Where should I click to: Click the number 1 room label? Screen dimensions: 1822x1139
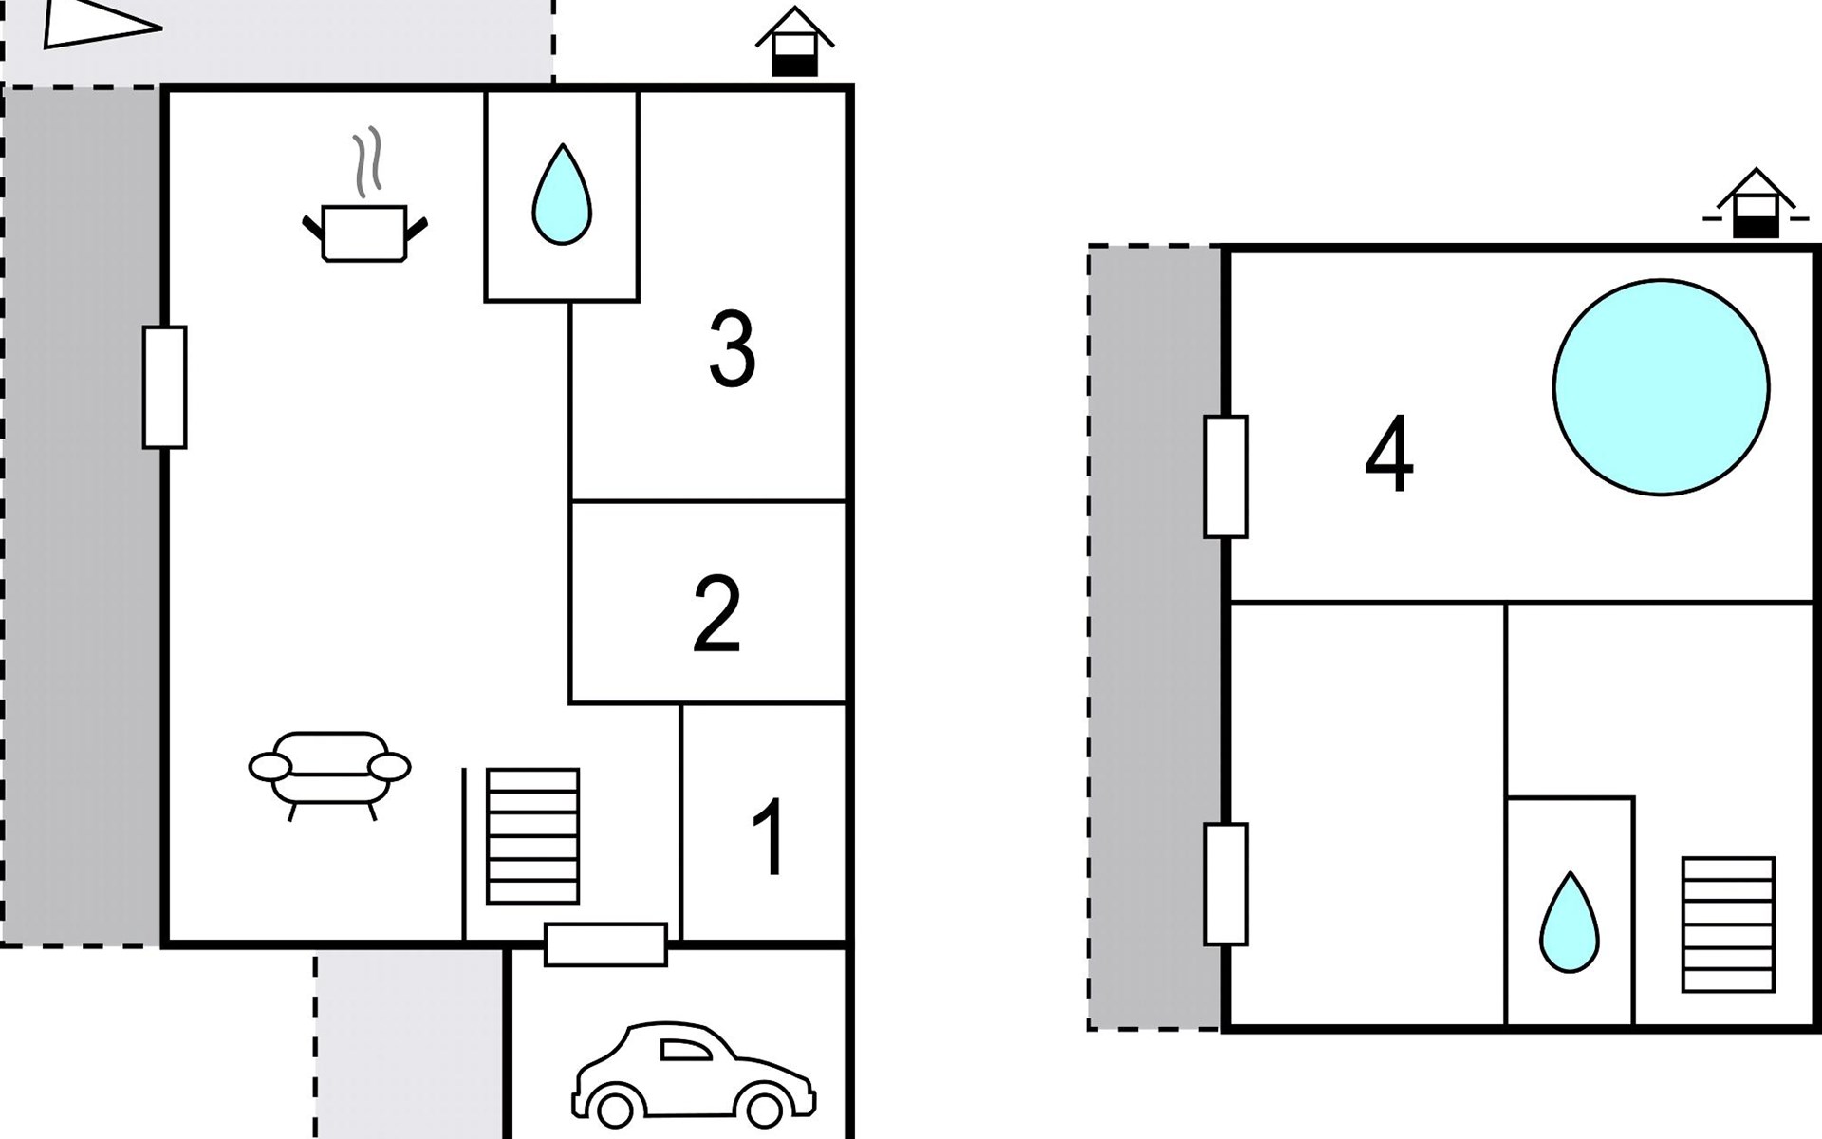769,837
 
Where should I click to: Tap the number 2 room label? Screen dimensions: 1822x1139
716,613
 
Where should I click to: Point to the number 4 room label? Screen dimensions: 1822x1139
1388,455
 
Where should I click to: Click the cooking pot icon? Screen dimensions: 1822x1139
364,233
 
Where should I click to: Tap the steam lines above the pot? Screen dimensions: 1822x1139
368,162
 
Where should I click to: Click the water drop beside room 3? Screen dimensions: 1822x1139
562,195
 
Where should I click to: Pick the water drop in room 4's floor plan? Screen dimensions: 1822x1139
1569,923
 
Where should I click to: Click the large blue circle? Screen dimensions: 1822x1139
1661,387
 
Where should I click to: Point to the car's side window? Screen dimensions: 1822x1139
685,1050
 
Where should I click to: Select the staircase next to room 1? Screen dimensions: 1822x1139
532,836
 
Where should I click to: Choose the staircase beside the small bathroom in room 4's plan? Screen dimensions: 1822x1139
1728,924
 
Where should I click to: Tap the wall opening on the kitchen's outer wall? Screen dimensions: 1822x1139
165,387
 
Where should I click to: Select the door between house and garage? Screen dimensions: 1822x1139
605,944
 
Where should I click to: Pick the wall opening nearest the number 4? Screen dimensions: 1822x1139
1226,476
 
